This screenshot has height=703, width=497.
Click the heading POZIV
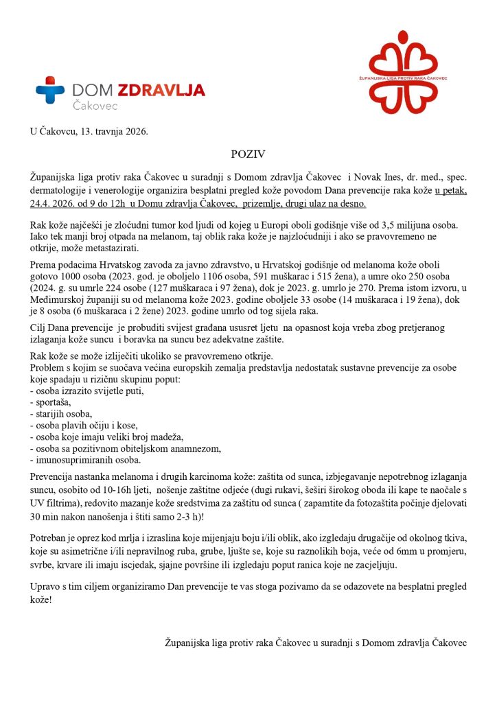point(247,155)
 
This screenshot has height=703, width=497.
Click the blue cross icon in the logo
point(50,90)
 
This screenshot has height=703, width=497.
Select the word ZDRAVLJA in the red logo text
point(161,90)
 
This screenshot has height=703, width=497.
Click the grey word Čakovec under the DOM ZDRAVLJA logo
point(95,106)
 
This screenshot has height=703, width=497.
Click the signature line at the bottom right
point(316,643)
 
